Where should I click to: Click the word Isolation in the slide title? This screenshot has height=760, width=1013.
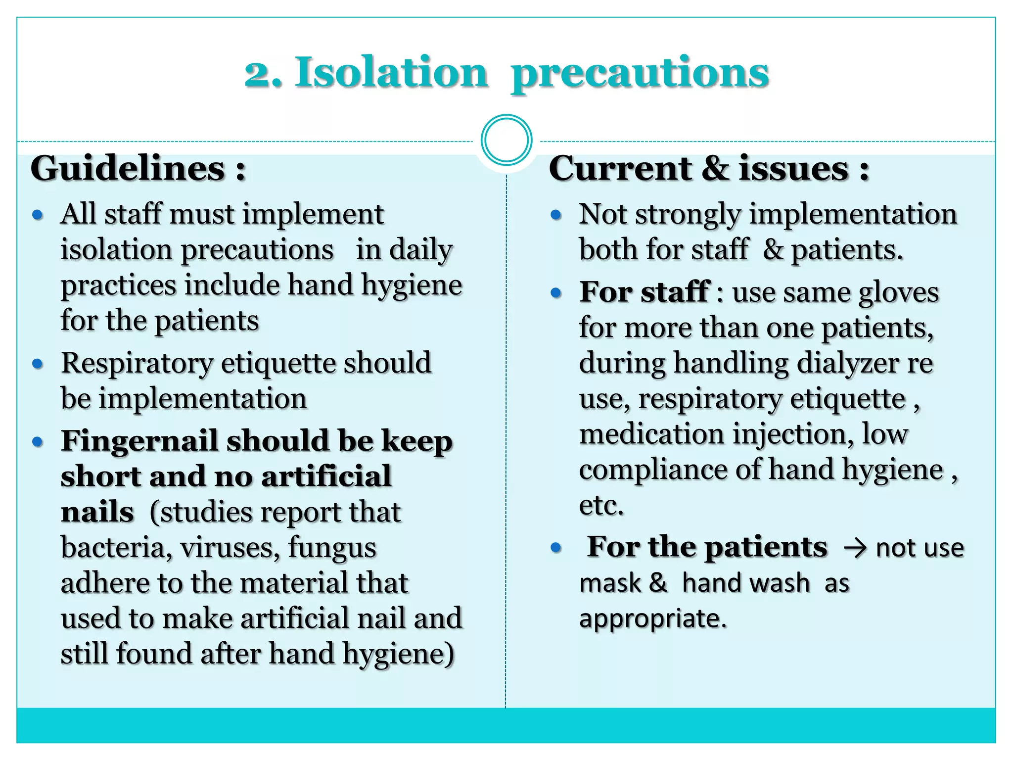pos(391,73)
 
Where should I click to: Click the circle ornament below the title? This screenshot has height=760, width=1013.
pos(506,140)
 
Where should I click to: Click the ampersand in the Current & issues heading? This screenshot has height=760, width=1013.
pos(715,168)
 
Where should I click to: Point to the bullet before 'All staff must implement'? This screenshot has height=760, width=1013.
pos(38,215)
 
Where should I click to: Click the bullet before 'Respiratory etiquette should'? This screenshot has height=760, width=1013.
pos(38,364)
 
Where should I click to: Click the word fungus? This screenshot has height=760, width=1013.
pos(332,548)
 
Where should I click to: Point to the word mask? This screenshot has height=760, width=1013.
pos(610,583)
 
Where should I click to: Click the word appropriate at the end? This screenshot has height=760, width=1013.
pos(653,619)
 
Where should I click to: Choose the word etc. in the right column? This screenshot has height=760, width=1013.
pos(601,505)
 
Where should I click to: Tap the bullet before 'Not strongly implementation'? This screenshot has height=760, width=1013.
pos(556,215)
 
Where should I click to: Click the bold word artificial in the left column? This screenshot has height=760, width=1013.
pos(326,476)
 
